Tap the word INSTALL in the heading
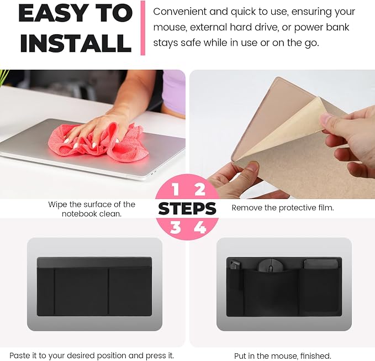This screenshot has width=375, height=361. click(76, 43)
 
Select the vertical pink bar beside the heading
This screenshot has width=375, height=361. click(143, 28)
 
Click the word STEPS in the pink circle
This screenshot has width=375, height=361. click(187, 208)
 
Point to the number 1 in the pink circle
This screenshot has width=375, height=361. click(176, 190)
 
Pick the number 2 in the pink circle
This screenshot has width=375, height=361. click(200, 190)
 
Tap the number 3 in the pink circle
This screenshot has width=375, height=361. click(176, 227)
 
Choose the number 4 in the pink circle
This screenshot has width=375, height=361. click(200, 227)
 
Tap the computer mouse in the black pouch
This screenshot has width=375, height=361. click(271, 265)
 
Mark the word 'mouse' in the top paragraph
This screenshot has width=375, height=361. click(170, 28)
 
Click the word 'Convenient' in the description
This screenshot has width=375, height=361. click(179, 12)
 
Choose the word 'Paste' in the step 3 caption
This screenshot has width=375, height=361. click(20, 355)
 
